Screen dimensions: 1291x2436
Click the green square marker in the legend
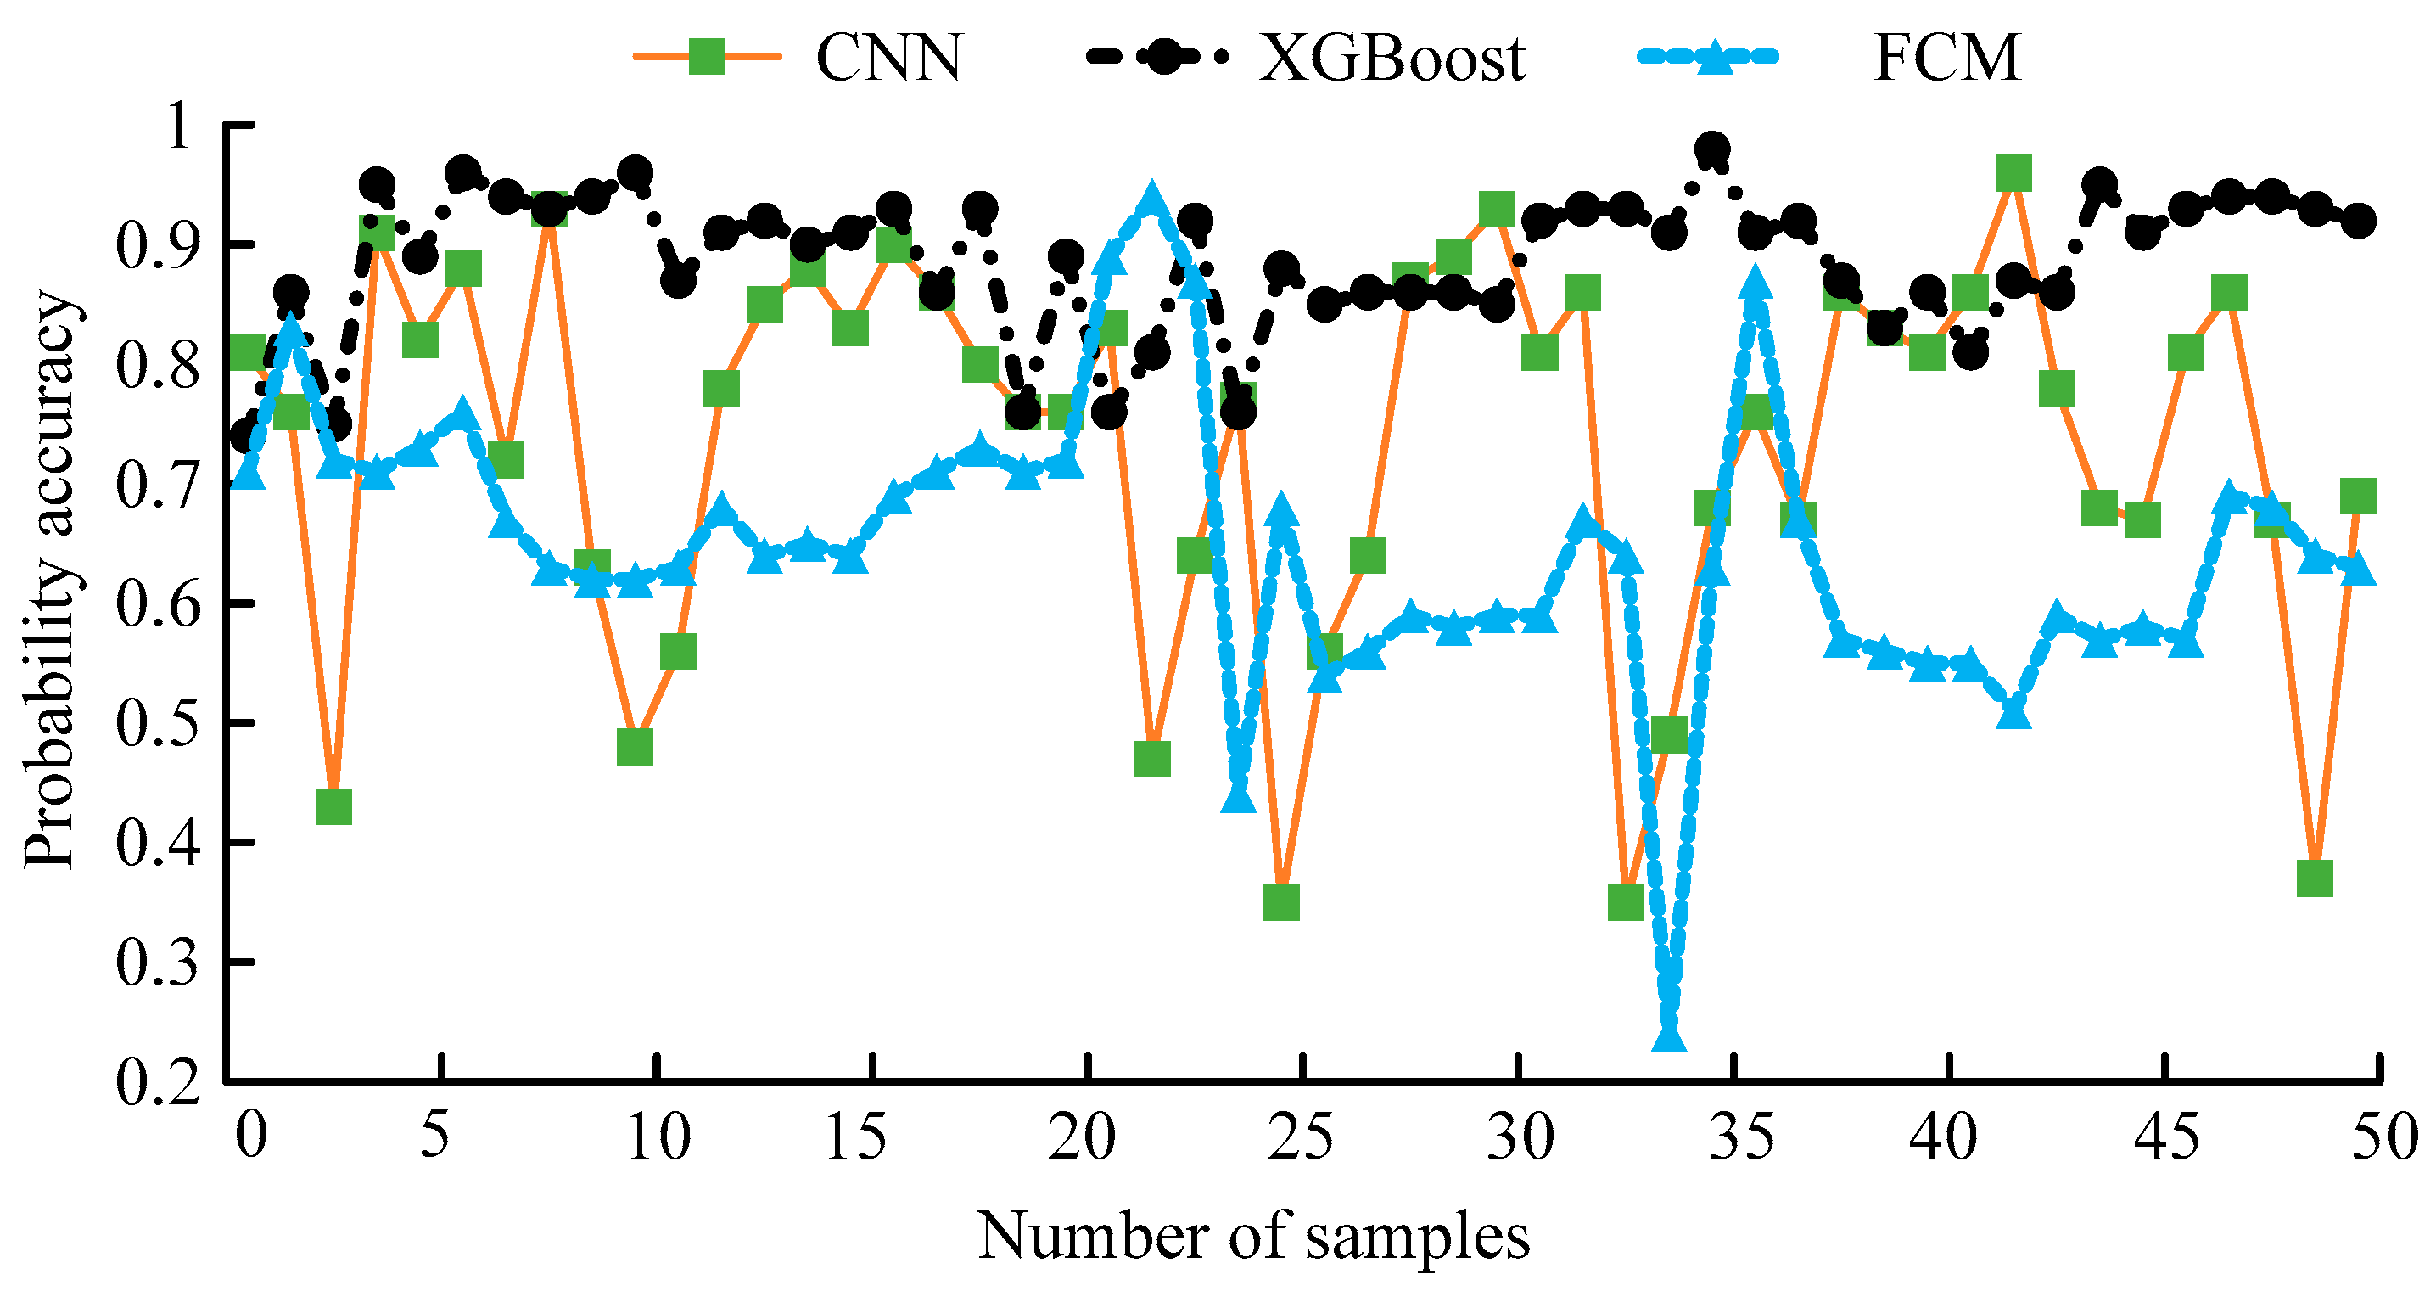707,57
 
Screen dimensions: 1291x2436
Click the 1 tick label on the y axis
178,126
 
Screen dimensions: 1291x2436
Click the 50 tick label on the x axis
2384,1137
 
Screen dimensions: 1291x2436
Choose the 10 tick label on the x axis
658,1137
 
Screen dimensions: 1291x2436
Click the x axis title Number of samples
1253,1236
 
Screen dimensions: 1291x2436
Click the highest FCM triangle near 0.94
1151,199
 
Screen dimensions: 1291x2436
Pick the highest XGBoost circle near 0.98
1712,149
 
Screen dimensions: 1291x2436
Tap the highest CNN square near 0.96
2013,174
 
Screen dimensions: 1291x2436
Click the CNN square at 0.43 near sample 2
333,806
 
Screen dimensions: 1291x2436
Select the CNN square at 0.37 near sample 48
2314,878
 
